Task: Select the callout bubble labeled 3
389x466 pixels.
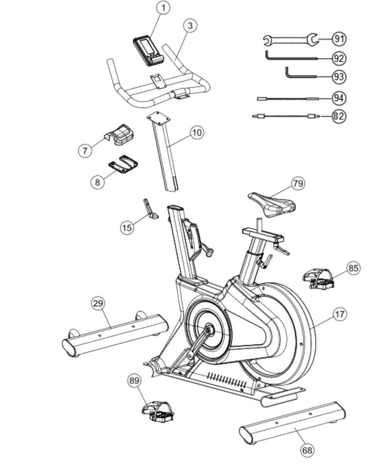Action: (190, 26)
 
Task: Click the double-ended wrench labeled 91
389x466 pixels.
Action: (290, 39)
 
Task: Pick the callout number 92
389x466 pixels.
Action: (339, 58)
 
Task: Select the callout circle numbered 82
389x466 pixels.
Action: (339, 116)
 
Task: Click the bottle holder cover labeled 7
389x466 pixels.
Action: (121, 135)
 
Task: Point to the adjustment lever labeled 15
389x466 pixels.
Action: (149, 209)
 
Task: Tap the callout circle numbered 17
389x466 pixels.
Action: (340, 314)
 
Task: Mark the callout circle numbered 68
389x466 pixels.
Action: (307, 450)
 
